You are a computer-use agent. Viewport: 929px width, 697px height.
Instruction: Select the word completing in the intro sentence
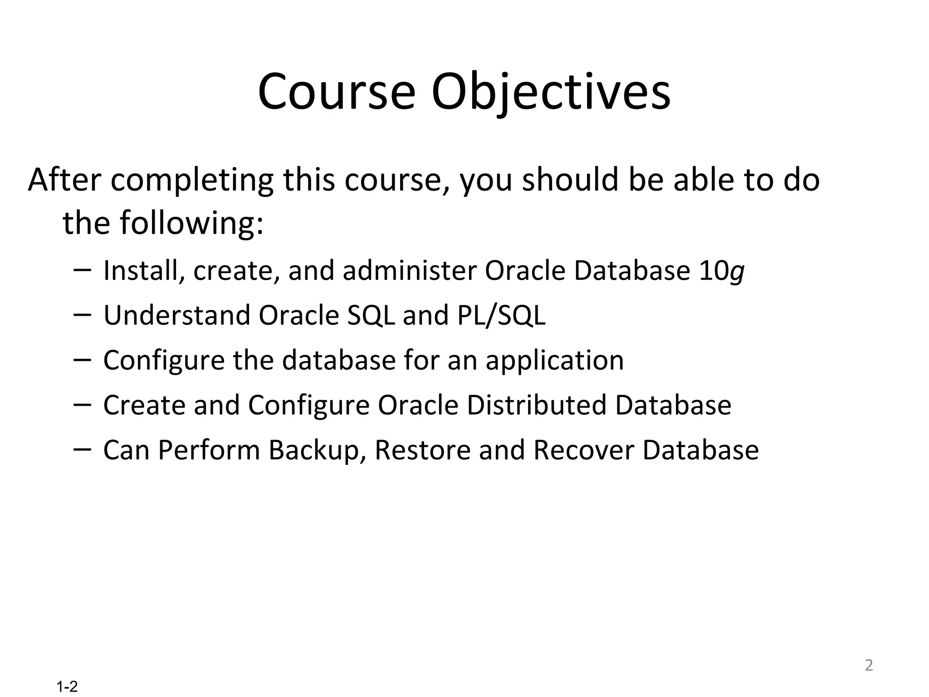[192, 180]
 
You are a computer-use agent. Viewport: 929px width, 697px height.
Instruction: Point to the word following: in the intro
[191, 224]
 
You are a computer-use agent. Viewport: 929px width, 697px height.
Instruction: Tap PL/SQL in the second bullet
[501, 315]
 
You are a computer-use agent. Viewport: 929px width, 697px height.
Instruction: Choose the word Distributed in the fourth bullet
[537, 405]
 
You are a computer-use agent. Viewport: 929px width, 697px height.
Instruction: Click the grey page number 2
[868, 665]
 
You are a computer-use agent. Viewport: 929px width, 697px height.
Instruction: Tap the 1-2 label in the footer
[67, 687]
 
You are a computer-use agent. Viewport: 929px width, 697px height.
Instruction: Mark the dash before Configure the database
[82, 359]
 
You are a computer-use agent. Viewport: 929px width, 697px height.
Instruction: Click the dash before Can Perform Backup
[82, 449]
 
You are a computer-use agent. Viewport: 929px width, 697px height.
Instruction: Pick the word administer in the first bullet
[410, 271]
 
